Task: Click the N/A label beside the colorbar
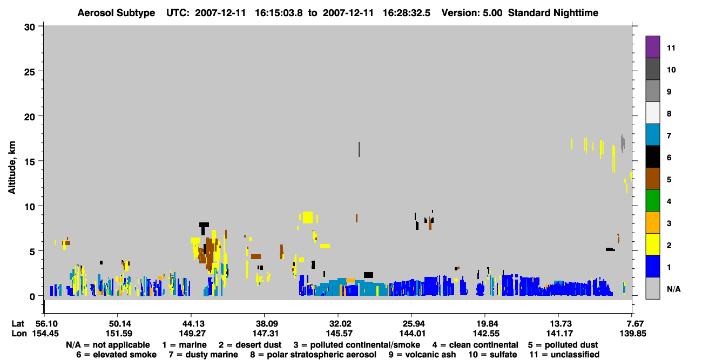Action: pyautogui.click(x=673, y=289)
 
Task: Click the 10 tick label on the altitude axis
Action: pyautogui.click(x=30, y=207)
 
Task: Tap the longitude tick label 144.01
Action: pyautogui.click(x=412, y=334)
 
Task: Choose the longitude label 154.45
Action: pyautogui.click(x=45, y=334)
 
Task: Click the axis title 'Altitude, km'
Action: pyautogui.click(x=11, y=168)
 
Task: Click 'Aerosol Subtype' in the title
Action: pyautogui.click(x=116, y=13)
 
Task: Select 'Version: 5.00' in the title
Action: pyautogui.click(x=471, y=13)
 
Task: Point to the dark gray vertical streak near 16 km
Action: pyautogui.click(x=359, y=150)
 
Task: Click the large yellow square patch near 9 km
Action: pyautogui.click(x=308, y=218)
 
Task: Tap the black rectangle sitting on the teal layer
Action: pyautogui.click(x=368, y=275)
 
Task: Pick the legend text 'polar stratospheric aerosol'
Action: pyautogui.click(x=321, y=355)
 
